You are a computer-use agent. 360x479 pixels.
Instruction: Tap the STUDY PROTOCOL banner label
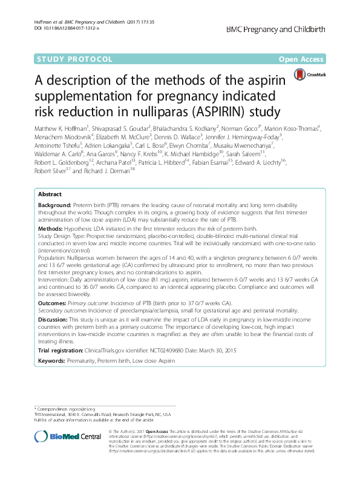pyautogui.click(x=74, y=59)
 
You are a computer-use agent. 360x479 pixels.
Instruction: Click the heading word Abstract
pyautogui.click(x=50, y=194)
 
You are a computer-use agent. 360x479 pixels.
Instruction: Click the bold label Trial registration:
pyautogui.click(x=64, y=351)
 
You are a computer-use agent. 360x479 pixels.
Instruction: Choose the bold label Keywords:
pyautogui.click(x=55, y=360)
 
